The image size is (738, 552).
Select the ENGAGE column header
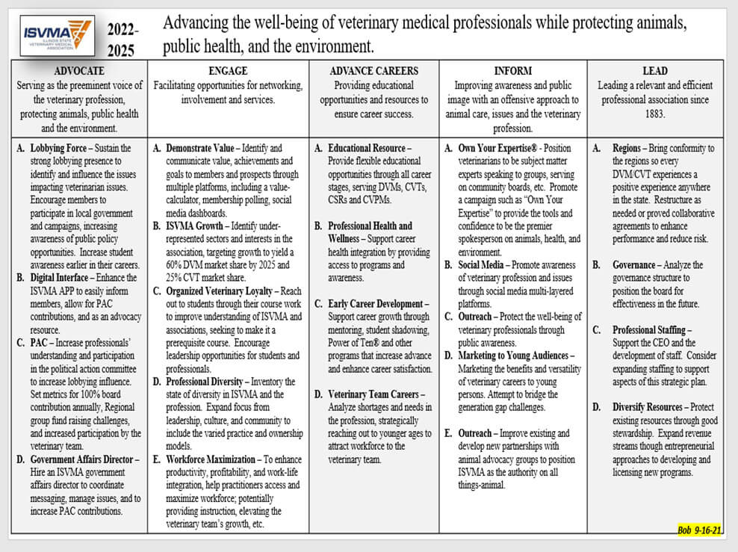coord(228,71)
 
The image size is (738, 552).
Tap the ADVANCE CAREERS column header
coord(374,71)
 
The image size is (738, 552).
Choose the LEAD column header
coord(654,71)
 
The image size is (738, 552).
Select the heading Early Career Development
coord(378,304)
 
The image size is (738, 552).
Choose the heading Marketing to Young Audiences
coord(515,356)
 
